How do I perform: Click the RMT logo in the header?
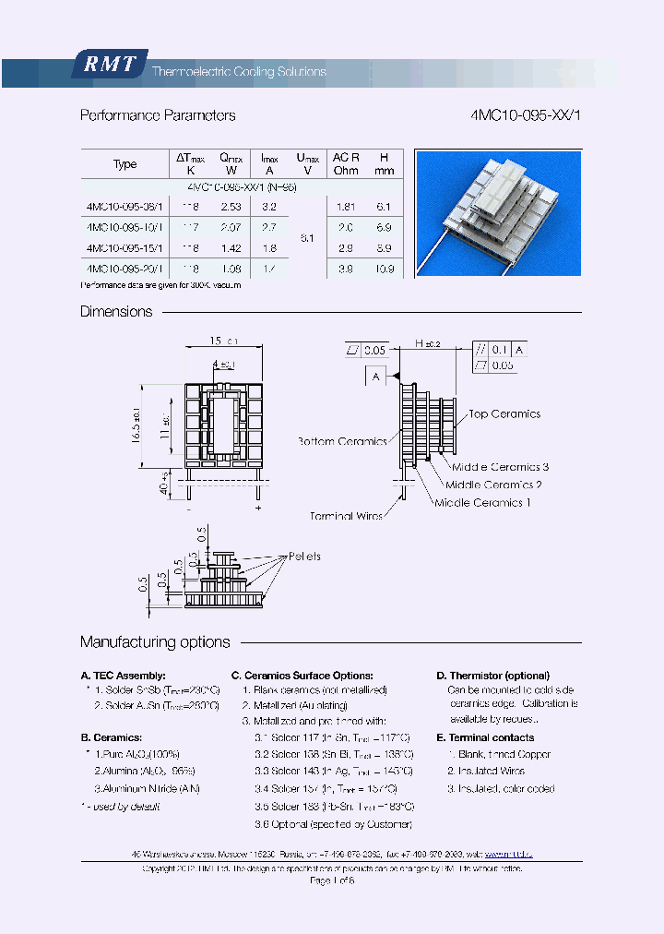pyautogui.click(x=110, y=65)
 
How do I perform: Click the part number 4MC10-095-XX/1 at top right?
pyautogui.click(x=526, y=115)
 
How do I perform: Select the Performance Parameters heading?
pyautogui.click(x=158, y=115)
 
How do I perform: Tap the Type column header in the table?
pyautogui.click(x=125, y=164)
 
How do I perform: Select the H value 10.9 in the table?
pyautogui.click(x=385, y=269)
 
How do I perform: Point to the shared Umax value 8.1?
pyautogui.click(x=307, y=238)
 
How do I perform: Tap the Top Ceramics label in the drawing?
pyautogui.click(x=504, y=414)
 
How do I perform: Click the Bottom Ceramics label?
pyautogui.click(x=342, y=441)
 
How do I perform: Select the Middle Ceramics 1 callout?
pyautogui.click(x=482, y=503)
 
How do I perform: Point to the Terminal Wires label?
pyautogui.click(x=346, y=516)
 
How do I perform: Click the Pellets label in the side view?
pyautogui.click(x=304, y=557)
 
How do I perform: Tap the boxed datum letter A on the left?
pyautogui.click(x=377, y=377)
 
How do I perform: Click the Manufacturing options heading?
pyautogui.click(x=155, y=642)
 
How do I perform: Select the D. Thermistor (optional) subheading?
pyautogui.click(x=492, y=676)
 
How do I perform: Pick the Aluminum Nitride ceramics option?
pyautogui.click(x=148, y=788)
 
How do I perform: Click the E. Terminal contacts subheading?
pyautogui.click(x=485, y=737)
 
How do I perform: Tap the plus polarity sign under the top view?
pyautogui.click(x=258, y=509)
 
